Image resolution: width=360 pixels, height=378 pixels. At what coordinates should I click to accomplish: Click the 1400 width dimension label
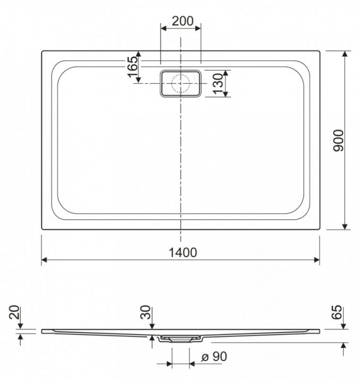pyautogui.click(x=183, y=253)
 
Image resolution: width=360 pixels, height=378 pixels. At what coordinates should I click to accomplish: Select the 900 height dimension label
pyautogui.click(x=339, y=140)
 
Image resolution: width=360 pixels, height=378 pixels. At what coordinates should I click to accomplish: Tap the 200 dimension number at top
pyautogui.click(x=183, y=21)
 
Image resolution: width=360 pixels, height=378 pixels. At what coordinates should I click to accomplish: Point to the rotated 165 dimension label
pyautogui.click(x=133, y=67)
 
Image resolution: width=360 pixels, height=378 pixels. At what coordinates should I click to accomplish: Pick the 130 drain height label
pyautogui.click(x=218, y=83)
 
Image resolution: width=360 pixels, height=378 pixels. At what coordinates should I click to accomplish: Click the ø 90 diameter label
pyautogui.click(x=214, y=357)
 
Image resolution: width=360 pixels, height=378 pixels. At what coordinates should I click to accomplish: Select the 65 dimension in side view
pyautogui.click(x=337, y=312)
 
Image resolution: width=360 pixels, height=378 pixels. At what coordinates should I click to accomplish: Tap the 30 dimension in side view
pyautogui.click(x=145, y=312)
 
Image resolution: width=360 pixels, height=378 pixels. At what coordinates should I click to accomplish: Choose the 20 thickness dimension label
pyautogui.click(x=14, y=312)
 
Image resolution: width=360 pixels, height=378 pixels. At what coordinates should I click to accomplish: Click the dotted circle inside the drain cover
pyautogui.click(x=181, y=83)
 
